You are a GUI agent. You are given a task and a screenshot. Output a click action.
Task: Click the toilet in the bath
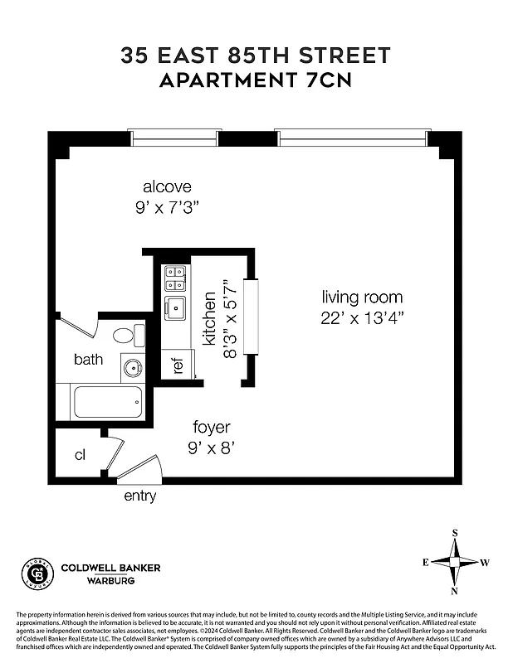tap(125, 336)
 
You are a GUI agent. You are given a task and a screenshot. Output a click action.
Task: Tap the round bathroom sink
tap(132, 367)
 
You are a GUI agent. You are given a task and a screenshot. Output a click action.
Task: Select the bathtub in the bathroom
tap(108, 402)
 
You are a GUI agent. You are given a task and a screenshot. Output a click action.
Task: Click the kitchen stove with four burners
tap(174, 278)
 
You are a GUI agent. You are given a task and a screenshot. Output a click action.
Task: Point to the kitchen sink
tap(174, 308)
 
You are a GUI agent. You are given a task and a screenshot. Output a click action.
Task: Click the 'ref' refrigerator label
tap(177, 365)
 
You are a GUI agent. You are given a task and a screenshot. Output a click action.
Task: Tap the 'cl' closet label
tap(81, 455)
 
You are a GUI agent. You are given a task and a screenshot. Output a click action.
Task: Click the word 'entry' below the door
tap(139, 496)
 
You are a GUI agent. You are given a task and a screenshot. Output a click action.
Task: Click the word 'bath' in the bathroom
tap(88, 360)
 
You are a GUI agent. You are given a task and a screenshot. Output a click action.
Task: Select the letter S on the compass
tap(455, 533)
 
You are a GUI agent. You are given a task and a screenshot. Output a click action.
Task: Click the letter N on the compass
tap(455, 591)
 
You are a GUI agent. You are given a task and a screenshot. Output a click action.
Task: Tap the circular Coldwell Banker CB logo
tap(37, 573)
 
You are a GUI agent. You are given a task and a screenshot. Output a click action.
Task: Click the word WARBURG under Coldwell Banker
tap(111, 581)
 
